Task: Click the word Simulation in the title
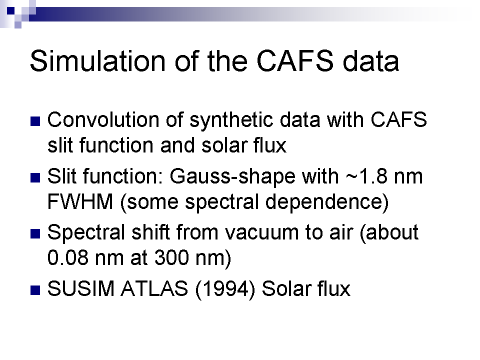click(97, 61)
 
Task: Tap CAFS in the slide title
click(295, 61)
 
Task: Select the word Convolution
click(103, 119)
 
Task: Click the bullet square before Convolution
click(35, 121)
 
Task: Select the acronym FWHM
click(80, 201)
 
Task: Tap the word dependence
click(326, 202)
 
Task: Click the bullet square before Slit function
click(35, 177)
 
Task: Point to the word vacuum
click(261, 232)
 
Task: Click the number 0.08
click(68, 258)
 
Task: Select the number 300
click(171, 258)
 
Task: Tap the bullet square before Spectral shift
click(35, 234)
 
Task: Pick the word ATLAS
click(154, 288)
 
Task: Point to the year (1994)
click(225, 289)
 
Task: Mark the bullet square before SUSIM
click(35, 290)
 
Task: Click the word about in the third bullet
click(389, 232)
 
